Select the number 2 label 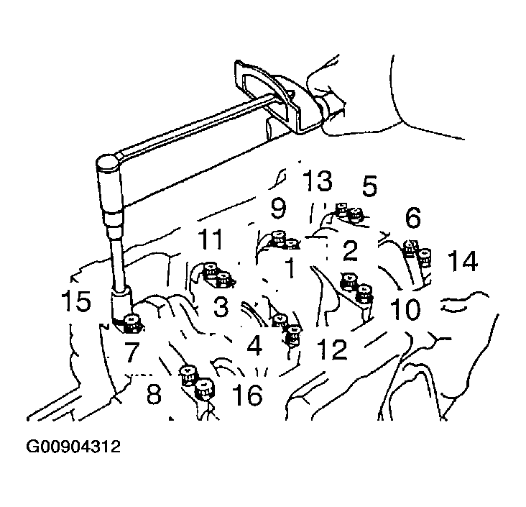click(351, 250)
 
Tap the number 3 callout click(221, 306)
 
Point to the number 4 click(254, 346)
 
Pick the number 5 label click(369, 186)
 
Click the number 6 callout click(412, 218)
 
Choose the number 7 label click(131, 352)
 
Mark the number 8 click(154, 393)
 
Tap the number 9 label click(278, 208)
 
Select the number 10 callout click(405, 309)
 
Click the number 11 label click(211, 239)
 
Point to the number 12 click(332, 350)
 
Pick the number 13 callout click(318, 181)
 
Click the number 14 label click(463, 261)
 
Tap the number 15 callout click(76, 301)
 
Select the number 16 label click(248, 394)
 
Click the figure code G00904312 click(73, 447)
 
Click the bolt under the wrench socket click(132, 323)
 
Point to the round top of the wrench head click(106, 163)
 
